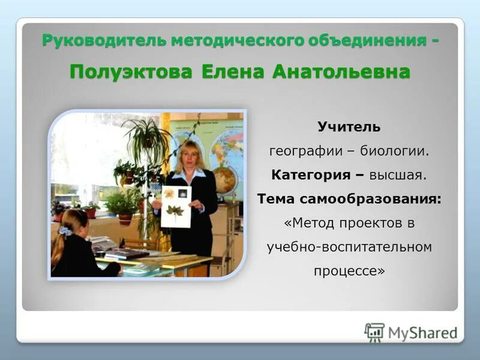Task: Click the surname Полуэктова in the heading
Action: point(131,71)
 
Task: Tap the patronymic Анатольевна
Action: point(341,71)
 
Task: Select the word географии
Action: point(305,151)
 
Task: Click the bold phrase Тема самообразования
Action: point(349,199)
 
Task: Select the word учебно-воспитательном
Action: point(349,247)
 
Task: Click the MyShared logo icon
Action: point(374,332)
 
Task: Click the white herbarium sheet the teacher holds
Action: point(176,206)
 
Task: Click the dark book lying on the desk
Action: point(127,254)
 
